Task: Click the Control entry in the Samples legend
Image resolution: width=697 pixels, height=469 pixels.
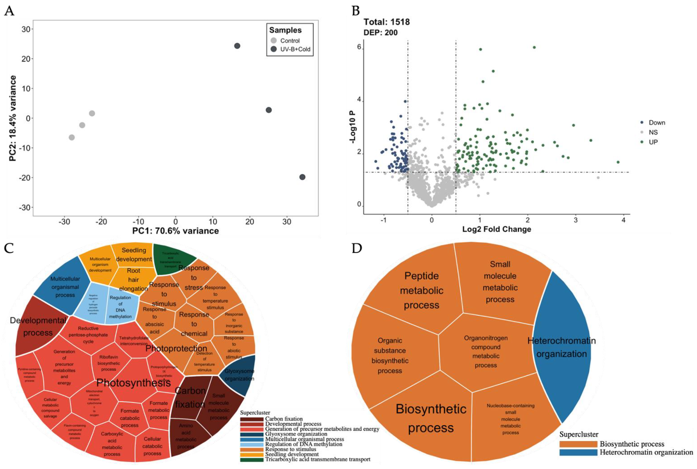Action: [x=289, y=41]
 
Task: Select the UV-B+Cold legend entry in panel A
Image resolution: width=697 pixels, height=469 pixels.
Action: [x=295, y=49]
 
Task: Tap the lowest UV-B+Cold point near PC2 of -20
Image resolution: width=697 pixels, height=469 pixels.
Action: [x=302, y=177]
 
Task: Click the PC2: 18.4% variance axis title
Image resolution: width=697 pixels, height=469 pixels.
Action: [x=13, y=119]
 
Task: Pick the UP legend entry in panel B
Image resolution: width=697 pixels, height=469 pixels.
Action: [x=653, y=142]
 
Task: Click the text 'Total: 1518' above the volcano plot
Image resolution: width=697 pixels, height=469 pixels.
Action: [x=386, y=22]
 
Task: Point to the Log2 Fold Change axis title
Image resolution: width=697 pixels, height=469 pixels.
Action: [x=497, y=229]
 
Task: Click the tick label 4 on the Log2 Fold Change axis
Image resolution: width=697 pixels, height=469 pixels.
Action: [x=624, y=220]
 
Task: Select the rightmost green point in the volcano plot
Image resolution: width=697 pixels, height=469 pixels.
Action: [x=618, y=162]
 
